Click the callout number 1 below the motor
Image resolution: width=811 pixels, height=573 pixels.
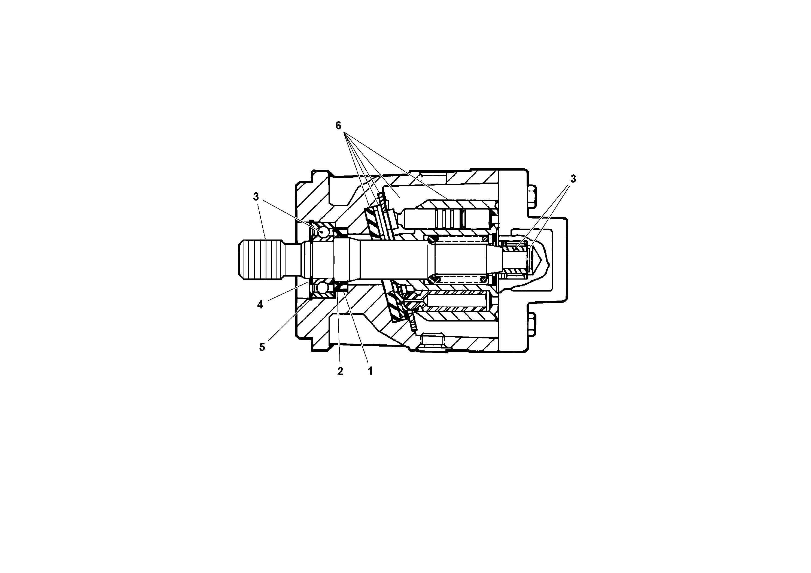point(370,371)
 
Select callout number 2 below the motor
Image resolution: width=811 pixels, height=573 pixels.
point(340,371)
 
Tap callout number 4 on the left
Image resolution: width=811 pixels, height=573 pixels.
point(260,305)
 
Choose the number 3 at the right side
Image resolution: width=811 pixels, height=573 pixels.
point(573,179)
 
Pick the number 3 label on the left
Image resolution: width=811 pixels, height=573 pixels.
point(256,197)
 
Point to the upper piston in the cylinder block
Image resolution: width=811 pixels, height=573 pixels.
point(449,219)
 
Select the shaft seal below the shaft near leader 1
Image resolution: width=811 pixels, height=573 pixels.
point(341,287)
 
